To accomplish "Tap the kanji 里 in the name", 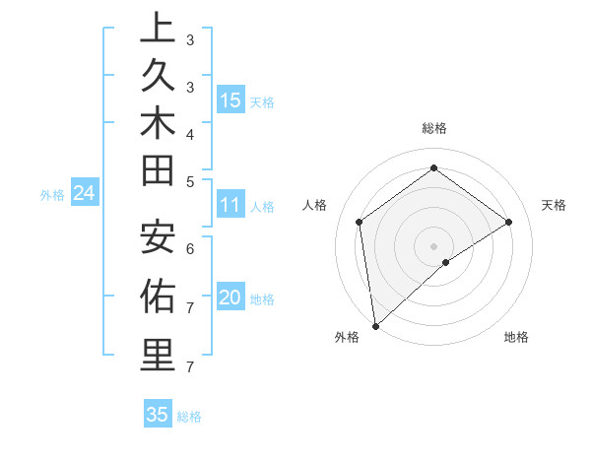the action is (157, 356).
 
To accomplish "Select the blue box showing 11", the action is (230, 205).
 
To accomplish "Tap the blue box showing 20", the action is (230, 298).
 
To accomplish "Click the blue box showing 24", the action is (85, 194).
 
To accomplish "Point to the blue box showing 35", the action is (158, 415).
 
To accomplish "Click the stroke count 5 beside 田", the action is (190, 180).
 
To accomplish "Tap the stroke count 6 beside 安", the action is (190, 249).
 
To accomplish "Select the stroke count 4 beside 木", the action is (190, 133).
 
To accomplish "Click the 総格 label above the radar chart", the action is (434, 128).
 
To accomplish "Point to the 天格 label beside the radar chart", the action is (554, 205).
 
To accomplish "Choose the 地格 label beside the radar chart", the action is (516, 337).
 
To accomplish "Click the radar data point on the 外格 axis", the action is (375, 325).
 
